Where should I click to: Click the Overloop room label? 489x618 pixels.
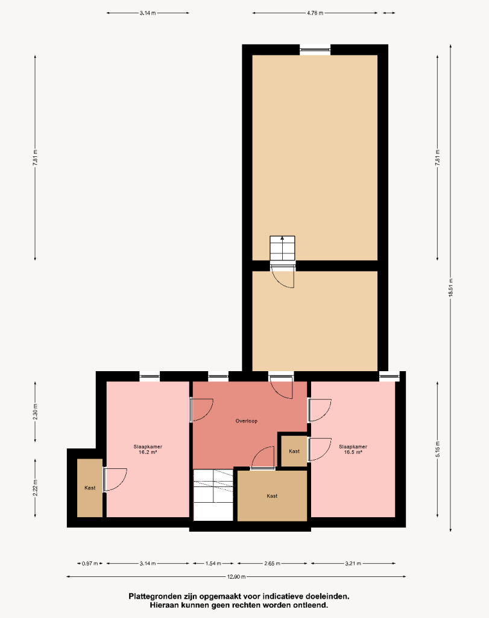[247, 421]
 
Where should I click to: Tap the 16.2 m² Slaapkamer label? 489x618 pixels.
[148, 449]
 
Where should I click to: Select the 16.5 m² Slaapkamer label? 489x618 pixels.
[353, 449]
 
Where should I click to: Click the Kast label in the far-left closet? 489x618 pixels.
[90, 488]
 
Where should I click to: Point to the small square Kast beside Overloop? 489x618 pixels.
[294, 451]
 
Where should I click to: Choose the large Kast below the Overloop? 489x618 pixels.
[272, 496]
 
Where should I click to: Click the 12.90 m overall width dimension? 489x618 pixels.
[236, 576]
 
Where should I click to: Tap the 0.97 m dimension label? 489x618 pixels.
[90, 563]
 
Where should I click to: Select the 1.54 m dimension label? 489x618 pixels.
[213, 563]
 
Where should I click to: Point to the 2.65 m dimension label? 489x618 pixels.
[272, 563]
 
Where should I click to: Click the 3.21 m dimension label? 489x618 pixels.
[353, 563]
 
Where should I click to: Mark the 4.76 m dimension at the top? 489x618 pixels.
[315, 13]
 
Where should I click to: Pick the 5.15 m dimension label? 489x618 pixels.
[437, 449]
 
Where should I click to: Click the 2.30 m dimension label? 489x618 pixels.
[35, 412]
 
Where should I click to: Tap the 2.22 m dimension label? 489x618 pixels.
[35, 488]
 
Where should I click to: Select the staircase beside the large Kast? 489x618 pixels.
[213, 495]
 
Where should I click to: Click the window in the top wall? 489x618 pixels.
[315, 49]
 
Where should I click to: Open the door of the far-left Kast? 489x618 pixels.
[115, 480]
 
